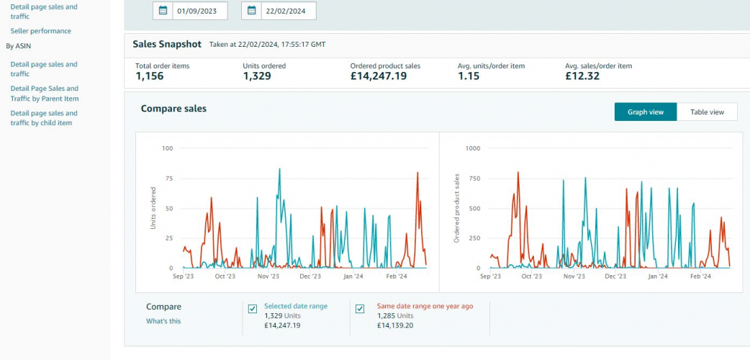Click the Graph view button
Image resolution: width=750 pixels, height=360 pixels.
click(x=645, y=112)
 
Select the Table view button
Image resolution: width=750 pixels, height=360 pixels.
click(x=707, y=112)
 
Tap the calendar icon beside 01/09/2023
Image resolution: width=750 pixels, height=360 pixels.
click(x=163, y=11)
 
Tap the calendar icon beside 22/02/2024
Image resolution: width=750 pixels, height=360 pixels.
click(x=252, y=11)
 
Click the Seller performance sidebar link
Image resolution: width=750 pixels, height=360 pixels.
click(x=40, y=31)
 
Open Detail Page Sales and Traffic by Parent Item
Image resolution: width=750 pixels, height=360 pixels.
click(x=44, y=94)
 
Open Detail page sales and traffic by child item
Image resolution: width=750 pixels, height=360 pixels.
click(x=43, y=118)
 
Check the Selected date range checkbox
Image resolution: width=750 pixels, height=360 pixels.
click(x=253, y=309)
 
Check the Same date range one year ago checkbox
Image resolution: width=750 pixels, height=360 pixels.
click(x=360, y=309)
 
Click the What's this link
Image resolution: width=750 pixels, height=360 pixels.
click(x=163, y=321)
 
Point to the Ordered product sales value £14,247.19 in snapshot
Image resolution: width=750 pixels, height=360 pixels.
click(x=378, y=76)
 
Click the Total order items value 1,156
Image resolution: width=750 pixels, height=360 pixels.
click(x=150, y=76)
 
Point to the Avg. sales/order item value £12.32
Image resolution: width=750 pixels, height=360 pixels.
click(x=582, y=76)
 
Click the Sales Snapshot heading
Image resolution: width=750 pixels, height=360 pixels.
click(x=167, y=44)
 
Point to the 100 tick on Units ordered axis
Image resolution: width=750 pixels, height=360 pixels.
click(x=168, y=148)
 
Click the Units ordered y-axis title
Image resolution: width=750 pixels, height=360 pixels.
click(x=153, y=208)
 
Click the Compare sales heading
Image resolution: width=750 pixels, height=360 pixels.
click(x=173, y=109)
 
